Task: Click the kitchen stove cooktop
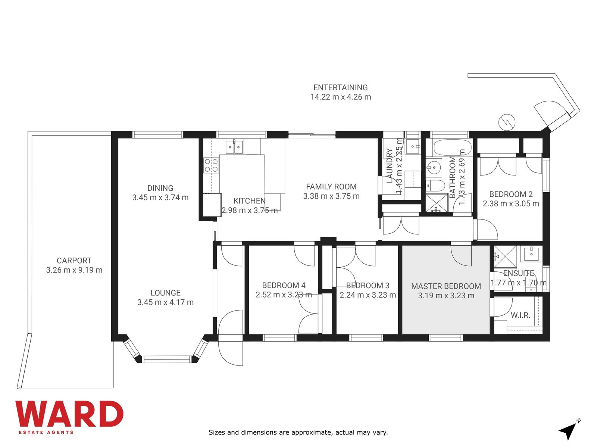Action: pos(211,165)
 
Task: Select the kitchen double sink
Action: pos(234,147)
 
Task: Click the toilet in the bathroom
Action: pos(435,186)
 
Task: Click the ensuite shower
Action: pos(505,256)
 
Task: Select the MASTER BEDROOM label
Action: pos(446,286)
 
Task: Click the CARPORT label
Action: pos(74,261)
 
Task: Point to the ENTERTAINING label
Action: pos(341,88)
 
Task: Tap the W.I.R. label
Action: pos(520,315)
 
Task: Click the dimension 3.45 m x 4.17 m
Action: pos(165,302)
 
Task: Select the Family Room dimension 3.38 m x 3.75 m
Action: pos(331,196)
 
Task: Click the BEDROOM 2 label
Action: pos(511,194)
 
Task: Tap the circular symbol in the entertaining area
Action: pos(507,122)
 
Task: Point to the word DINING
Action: pos(160,188)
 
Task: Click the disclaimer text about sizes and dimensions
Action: pos(298,432)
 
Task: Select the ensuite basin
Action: pos(531,253)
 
